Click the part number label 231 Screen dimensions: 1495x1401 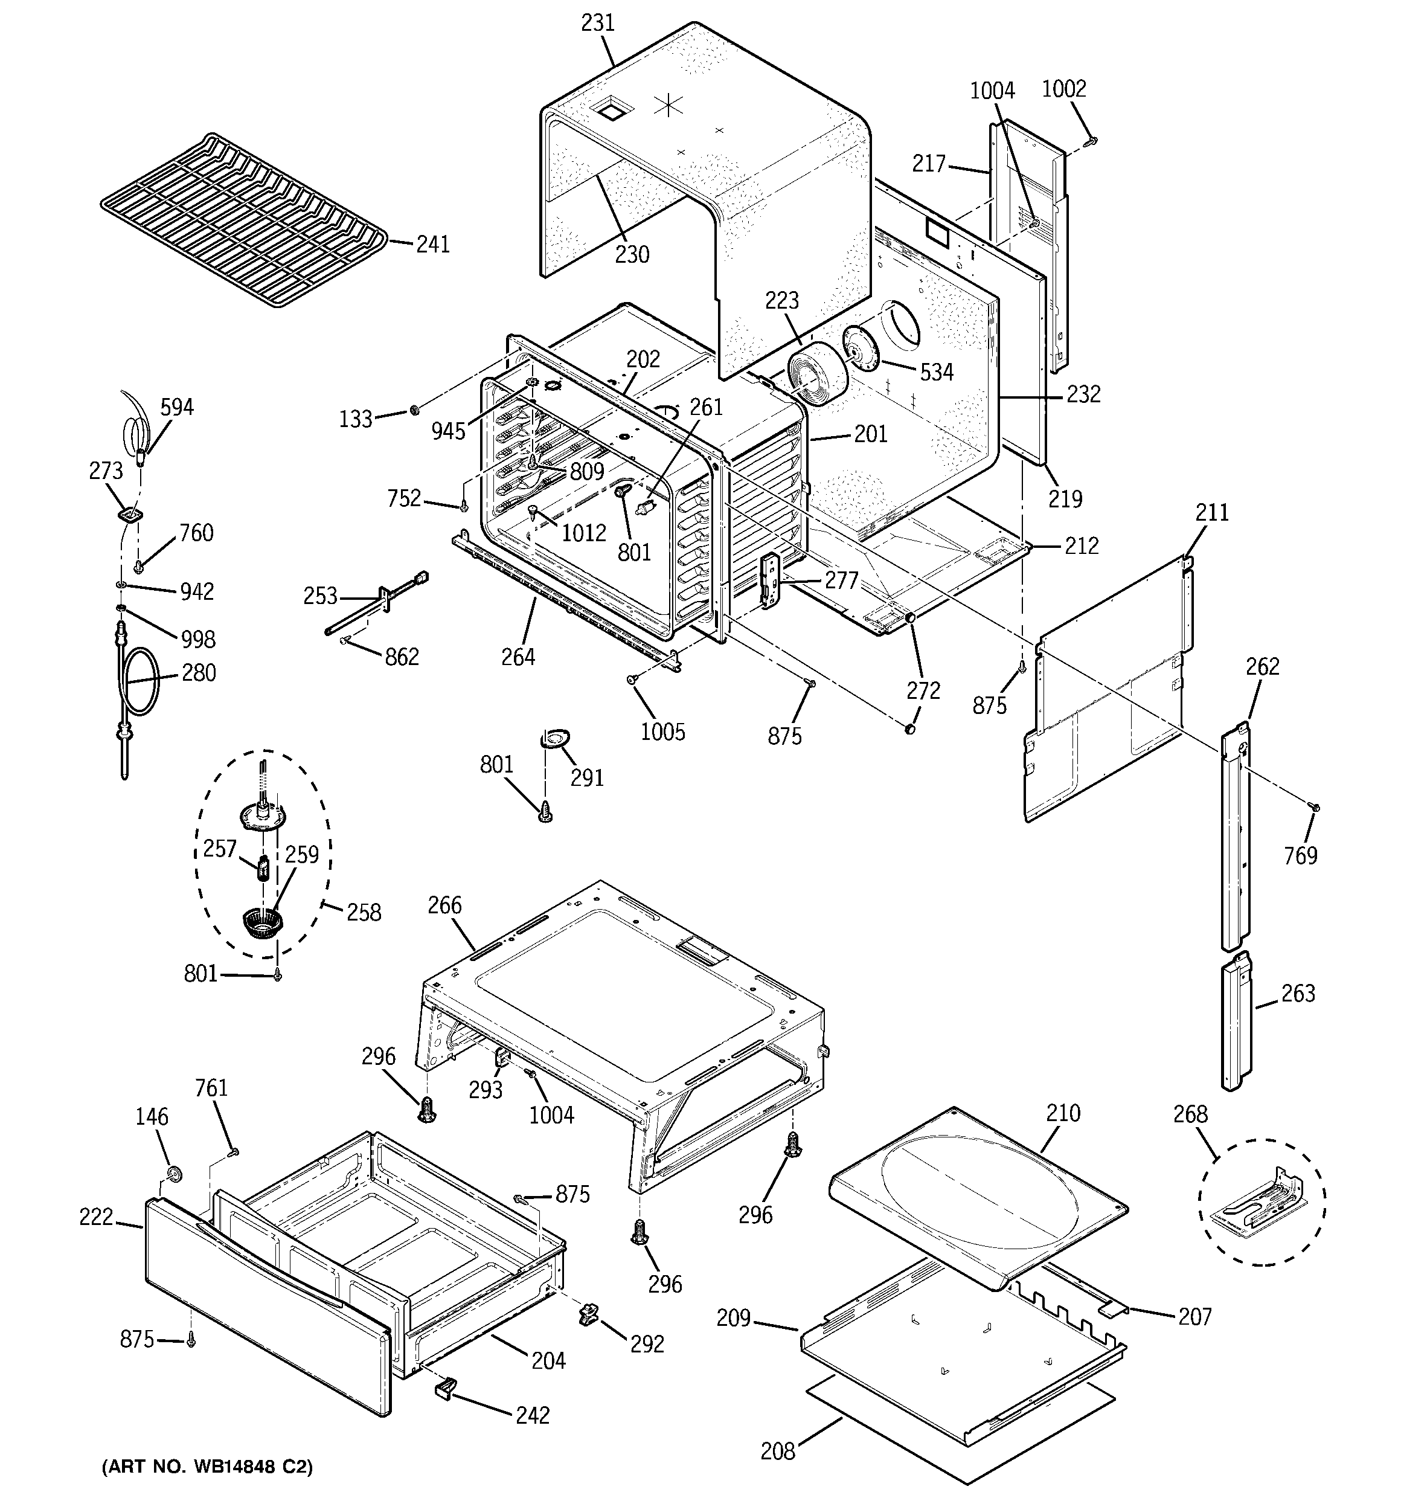coord(598,24)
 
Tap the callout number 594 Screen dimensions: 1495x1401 coord(177,408)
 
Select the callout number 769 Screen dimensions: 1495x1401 coord(1300,855)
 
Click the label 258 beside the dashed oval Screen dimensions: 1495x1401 coord(364,912)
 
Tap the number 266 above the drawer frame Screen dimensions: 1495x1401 coord(444,905)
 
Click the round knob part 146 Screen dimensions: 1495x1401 coord(175,1175)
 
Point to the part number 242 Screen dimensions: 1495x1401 coord(533,1415)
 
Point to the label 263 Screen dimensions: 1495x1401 coord(1298,994)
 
